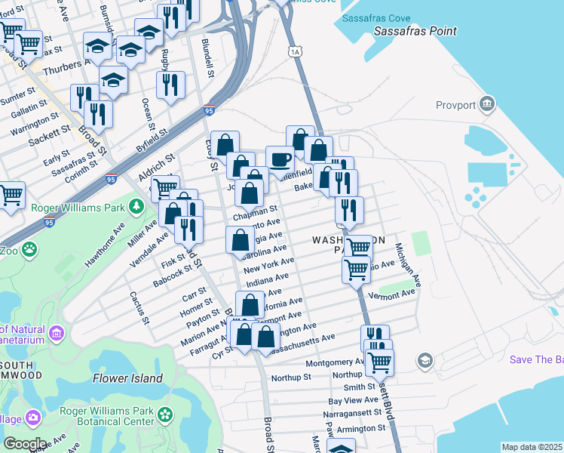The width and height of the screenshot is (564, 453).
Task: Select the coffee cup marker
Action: [280, 159]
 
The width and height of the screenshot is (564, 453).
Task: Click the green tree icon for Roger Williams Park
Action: [136, 205]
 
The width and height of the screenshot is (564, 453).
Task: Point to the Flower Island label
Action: [128, 377]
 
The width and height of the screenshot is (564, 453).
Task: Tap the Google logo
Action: [25, 444]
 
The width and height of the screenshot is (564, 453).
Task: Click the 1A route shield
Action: [294, 51]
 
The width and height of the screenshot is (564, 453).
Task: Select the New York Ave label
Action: [268, 265]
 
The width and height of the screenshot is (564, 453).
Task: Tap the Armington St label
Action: [361, 428]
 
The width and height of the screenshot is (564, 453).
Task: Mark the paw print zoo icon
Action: [29, 248]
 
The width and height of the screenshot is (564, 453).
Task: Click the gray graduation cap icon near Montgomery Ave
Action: [425, 360]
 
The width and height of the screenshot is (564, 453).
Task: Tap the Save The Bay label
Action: [535, 359]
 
